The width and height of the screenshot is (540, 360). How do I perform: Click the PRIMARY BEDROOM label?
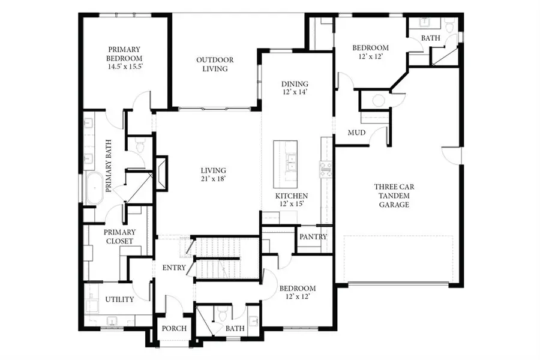click(x=124, y=54)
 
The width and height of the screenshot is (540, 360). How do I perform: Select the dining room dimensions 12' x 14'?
click(x=295, y=92)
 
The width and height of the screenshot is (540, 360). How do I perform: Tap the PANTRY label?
click(x=313, y=237)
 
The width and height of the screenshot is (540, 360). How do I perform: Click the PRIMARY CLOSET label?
click(x=119, y=236)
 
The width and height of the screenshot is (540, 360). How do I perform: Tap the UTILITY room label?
click(x=119, y=299)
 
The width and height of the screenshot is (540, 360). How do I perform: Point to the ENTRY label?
click(x=174, y=268)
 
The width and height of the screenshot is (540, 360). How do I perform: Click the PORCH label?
click(x=175, y=329)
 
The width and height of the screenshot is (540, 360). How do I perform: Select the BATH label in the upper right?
click(x=430, y=38)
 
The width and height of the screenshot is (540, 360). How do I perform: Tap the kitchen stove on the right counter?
click(x=326, y=169)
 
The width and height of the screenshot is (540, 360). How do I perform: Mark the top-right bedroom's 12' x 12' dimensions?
click(x=370, y=56)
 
